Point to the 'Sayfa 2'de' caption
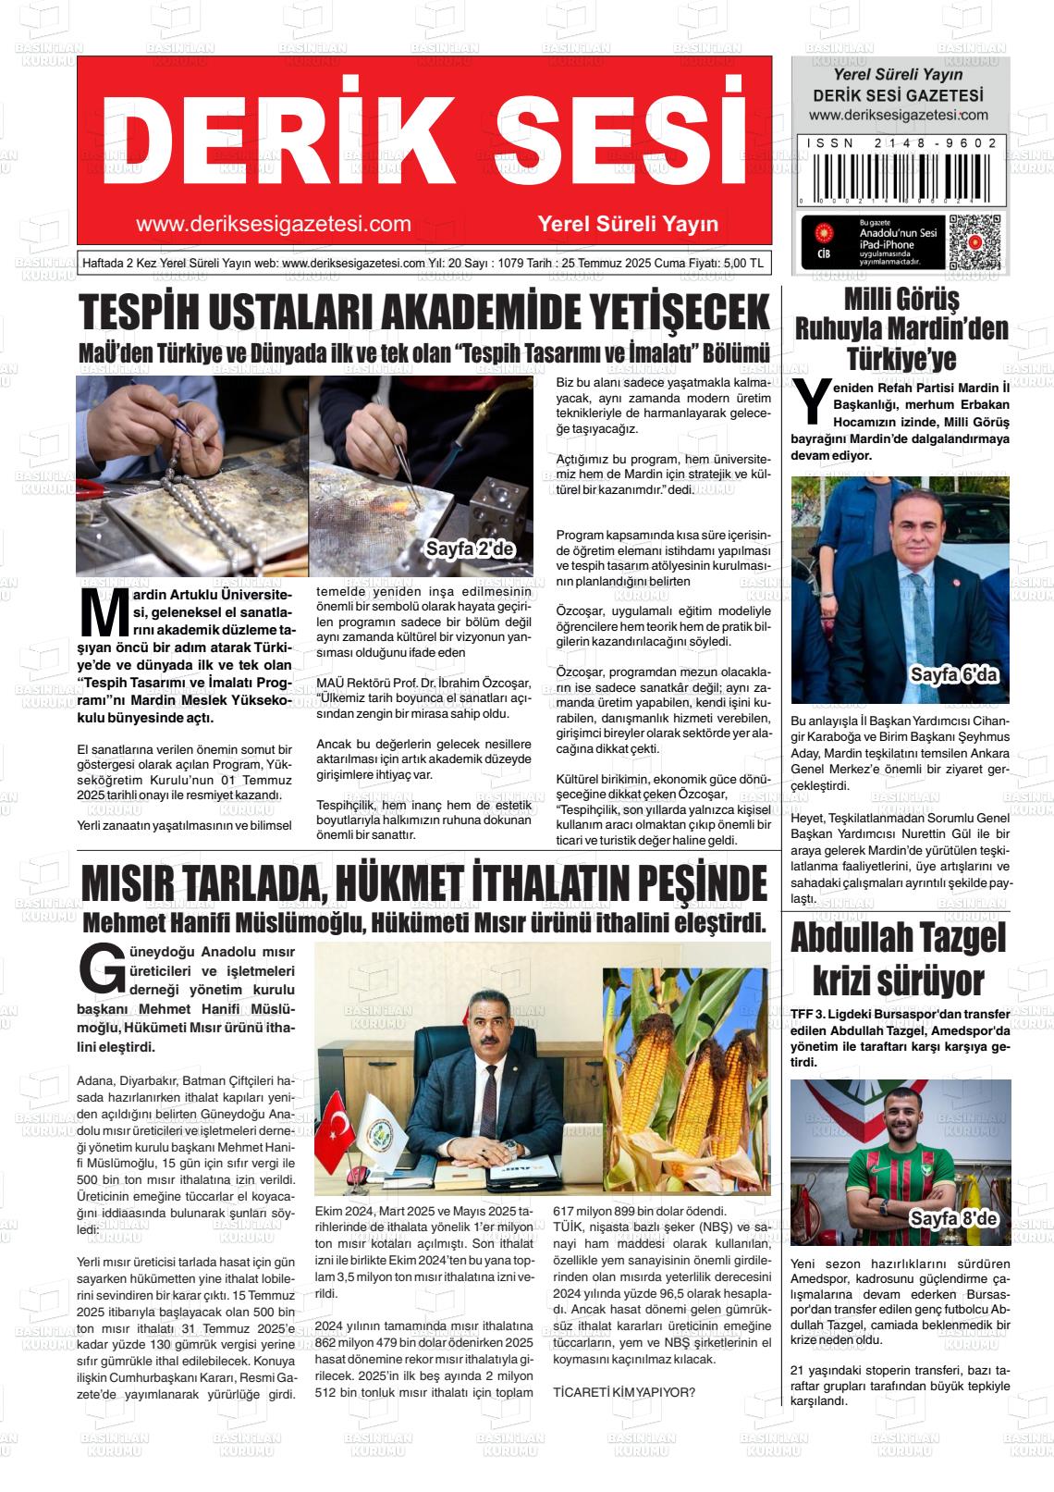(469, 549)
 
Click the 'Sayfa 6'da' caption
(954, 674)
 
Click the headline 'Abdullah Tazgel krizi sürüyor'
(899, 959)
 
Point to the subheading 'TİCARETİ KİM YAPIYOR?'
(624, 1393)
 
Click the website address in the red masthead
(273, 224)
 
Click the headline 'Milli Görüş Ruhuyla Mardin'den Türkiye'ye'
(901, 329)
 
